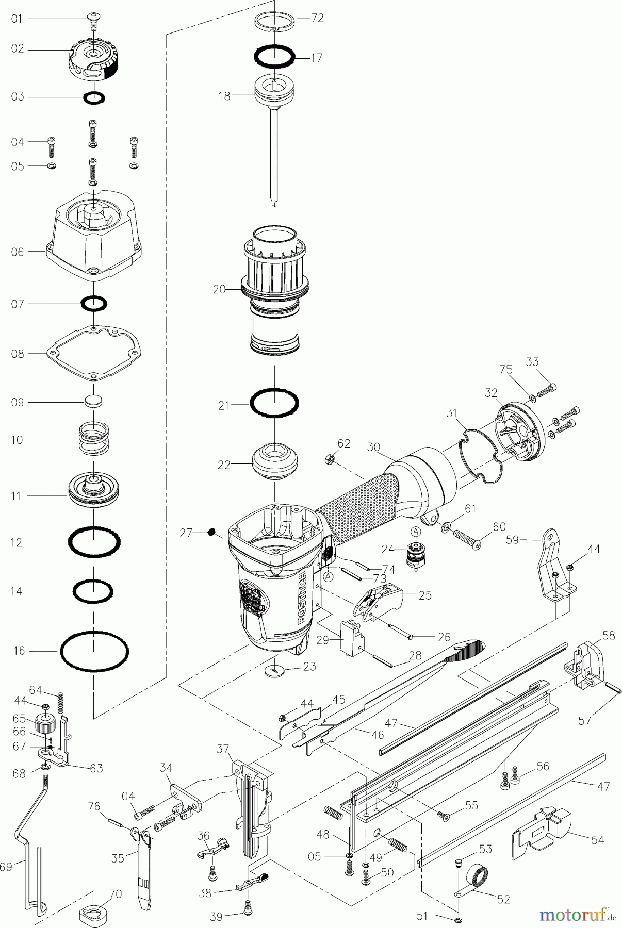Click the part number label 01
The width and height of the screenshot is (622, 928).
coord(18,19)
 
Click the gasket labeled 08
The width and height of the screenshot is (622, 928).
coord(94,353)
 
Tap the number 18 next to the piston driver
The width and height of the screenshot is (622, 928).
coord(224,96)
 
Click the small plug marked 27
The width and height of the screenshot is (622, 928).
coord(211,532)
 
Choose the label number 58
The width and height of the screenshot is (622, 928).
coord(609,635)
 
